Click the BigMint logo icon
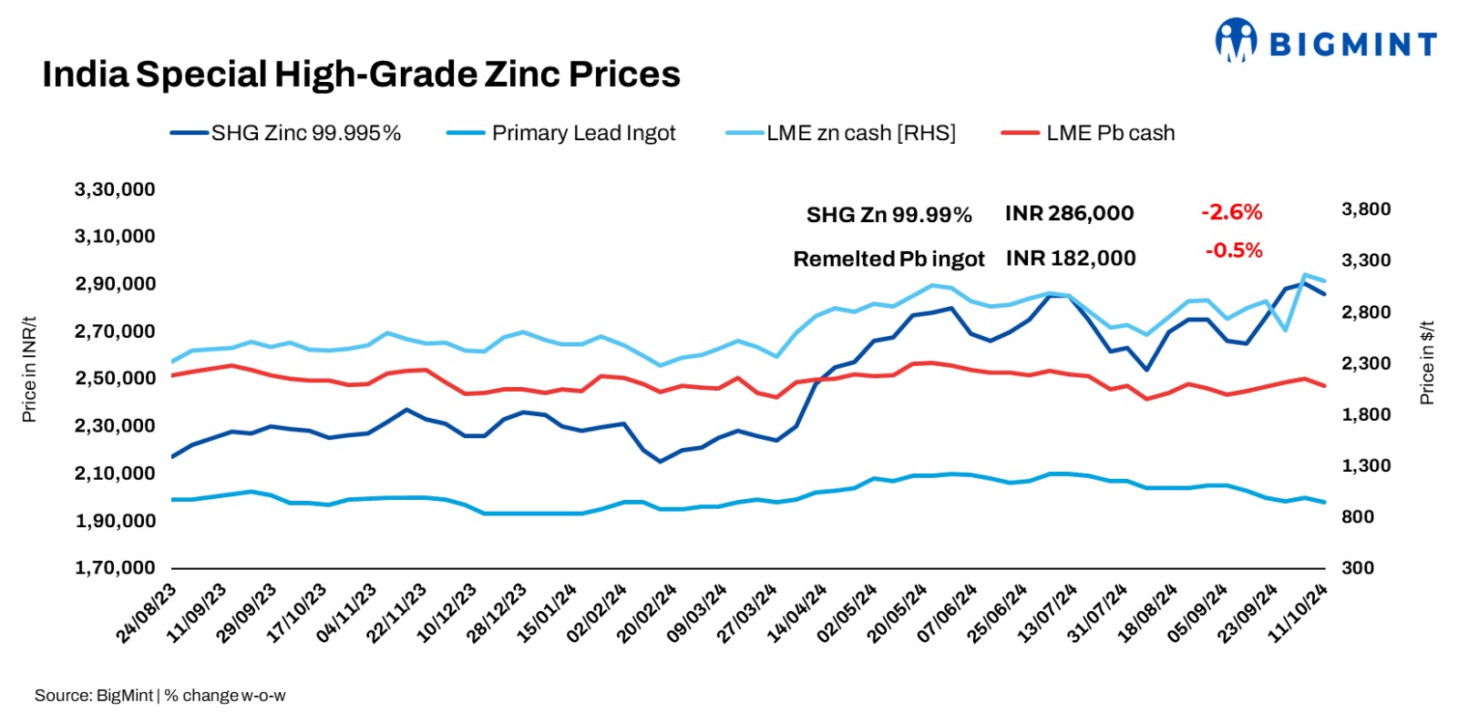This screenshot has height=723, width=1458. click(1235, 41)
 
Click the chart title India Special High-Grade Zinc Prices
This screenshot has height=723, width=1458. click(361, 75)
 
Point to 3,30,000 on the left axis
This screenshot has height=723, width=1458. click(115, 189)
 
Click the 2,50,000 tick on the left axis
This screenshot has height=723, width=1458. click(115, 378)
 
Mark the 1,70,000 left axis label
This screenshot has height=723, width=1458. click(115, 567)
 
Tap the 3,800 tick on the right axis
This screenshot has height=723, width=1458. click(1365, 209)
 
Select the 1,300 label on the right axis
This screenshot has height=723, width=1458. click(1365, 465)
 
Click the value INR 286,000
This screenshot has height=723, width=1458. click(1069, 214)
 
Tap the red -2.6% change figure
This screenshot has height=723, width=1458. click(1231, 213)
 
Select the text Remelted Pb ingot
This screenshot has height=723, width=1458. click(888, 260)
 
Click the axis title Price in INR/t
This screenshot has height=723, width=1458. click(29, 370)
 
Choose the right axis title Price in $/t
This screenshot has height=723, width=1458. click(1427, 362)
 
